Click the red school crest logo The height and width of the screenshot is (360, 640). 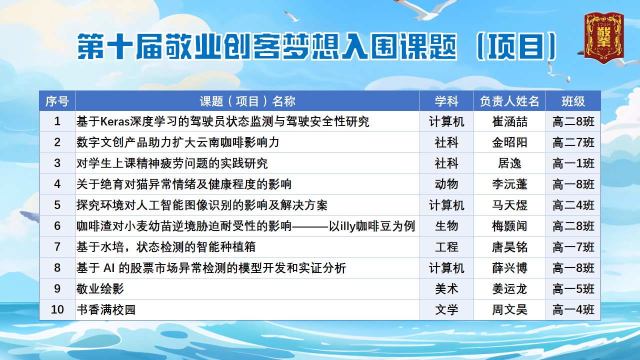[x=603, y=37]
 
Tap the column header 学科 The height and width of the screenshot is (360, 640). [x=446, y=101]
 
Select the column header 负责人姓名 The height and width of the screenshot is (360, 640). [x=509, y=101]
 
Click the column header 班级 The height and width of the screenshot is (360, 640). [x=573, y=101]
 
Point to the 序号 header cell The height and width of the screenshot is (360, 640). [x=57, y=101]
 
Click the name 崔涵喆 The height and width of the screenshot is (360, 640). [x=509, y=121]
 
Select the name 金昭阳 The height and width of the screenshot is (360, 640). [x=509, y=142]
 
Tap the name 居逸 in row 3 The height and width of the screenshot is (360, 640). [x=509, y=163]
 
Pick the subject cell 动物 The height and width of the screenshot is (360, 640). [x=446, y=184]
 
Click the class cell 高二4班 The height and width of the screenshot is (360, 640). [x=573, y=205]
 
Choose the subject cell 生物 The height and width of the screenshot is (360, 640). [x=446, y=226]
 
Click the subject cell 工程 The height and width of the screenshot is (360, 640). [x=446, y=247]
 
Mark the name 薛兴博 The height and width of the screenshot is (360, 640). [x=509, y=268]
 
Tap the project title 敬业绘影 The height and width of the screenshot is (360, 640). [x=100, y=289]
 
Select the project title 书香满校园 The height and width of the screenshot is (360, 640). [x=105, y=309]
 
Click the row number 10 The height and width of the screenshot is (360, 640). [x=57, y=309]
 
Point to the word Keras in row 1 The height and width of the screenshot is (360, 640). [x=115, y=121]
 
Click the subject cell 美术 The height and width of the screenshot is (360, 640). [x=446, y=289]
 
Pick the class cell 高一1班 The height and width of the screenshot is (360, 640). [x=573, y=163]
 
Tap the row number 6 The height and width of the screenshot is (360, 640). [x=57, y=226]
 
